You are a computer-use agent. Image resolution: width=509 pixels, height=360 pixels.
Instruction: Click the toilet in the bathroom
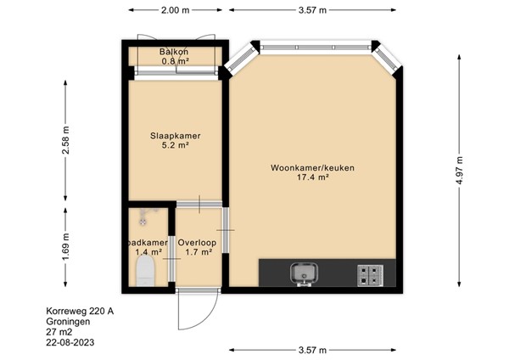tap(145, 271)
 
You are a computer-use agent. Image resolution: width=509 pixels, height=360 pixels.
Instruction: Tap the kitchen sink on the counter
tap(305, 274)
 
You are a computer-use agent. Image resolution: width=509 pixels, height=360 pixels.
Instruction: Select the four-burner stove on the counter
tap(371, 276)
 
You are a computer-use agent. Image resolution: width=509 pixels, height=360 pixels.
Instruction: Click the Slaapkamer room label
tap(176, 136)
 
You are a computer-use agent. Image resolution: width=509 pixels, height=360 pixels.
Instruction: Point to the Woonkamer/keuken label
tap(312, 168)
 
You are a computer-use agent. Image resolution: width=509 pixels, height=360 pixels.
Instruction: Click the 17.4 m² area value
tap(313, 177)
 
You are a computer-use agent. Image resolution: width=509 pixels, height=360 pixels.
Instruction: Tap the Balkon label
tap(174, 52)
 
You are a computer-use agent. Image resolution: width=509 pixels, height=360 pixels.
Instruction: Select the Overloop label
tap(197, 243)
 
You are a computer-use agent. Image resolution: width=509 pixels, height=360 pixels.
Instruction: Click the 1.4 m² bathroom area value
tap(148, 252)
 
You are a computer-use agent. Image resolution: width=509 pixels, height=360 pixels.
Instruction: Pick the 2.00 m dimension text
tap(176, 10)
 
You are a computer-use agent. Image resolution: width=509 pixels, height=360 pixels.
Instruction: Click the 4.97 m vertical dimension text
tap(459, 171)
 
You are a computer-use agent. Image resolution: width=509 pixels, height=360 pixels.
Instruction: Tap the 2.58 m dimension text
tap(66, 140)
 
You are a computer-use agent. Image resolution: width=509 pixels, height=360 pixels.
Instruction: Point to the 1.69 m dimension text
tap(66, 247)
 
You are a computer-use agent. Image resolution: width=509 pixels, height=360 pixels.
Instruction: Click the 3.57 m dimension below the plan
tap(312, 351)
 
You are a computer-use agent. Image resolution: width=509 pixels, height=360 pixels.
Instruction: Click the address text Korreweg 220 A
tap(80, 312)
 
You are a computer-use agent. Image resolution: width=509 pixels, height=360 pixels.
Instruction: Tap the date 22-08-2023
tap(70, 342)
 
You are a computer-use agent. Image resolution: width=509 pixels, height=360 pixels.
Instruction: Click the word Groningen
tap(68, 322)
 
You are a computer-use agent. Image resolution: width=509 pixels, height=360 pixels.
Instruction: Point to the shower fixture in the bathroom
tap(146, 216)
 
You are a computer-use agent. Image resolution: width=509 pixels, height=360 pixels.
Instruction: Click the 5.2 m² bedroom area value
tap(176, 145)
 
